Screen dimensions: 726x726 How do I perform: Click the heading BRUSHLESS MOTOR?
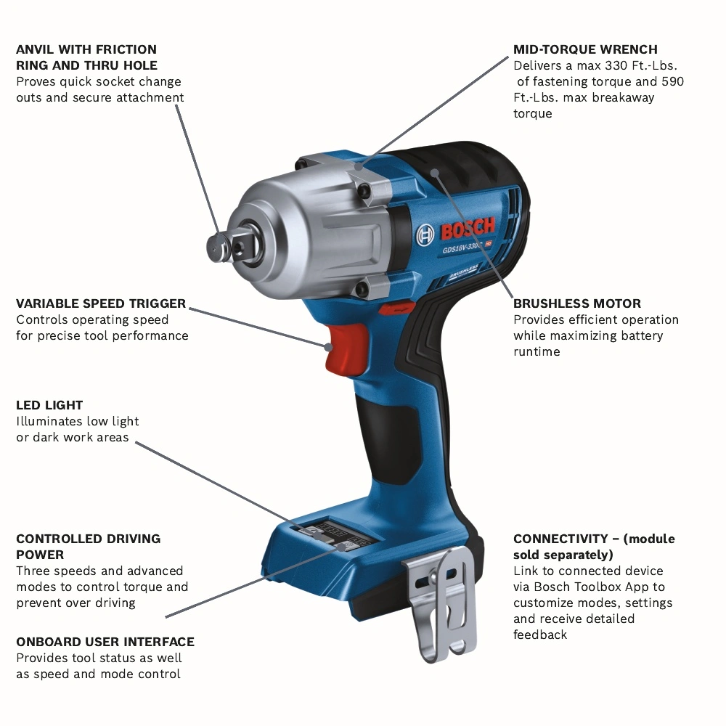click(x=577, y=303)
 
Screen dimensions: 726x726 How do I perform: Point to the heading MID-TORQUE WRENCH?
click(x=585, y=49)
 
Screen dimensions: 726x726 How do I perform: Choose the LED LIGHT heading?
click(x=49, y=405)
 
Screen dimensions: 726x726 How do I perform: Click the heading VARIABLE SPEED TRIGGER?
click(x=101, y=303)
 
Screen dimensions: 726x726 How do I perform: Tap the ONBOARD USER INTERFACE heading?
click(x=105, y=642)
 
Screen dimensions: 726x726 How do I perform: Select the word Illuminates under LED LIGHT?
click(x=49, y=421)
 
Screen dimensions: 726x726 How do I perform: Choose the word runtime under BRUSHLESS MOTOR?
click(x=537, y=351)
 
